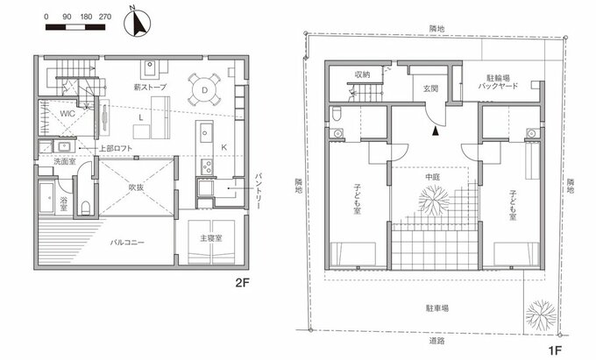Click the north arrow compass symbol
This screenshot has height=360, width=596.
click(135, 23)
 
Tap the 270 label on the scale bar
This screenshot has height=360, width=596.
click(104, 17)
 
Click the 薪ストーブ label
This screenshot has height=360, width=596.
click(150, 88)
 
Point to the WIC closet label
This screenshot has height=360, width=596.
click(67, 114)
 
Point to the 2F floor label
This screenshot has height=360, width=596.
click(243, 283)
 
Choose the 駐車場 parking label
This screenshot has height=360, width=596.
click(436, 308)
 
